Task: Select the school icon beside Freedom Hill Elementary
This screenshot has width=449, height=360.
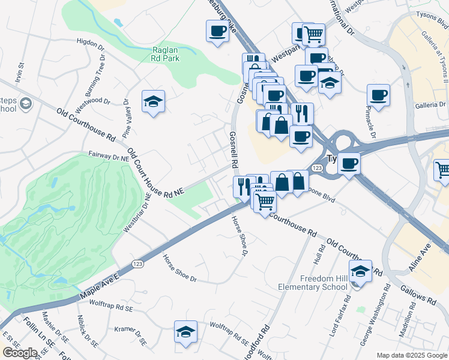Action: pos(360,272)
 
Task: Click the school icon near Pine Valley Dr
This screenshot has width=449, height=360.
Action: pos(154,101)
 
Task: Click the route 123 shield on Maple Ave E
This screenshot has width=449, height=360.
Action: pos(137,264)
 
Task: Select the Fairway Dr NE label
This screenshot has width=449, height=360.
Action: pos(109,157)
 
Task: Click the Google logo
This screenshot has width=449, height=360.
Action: pos(20,353)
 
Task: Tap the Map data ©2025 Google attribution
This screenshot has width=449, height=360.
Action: pos(412,355)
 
